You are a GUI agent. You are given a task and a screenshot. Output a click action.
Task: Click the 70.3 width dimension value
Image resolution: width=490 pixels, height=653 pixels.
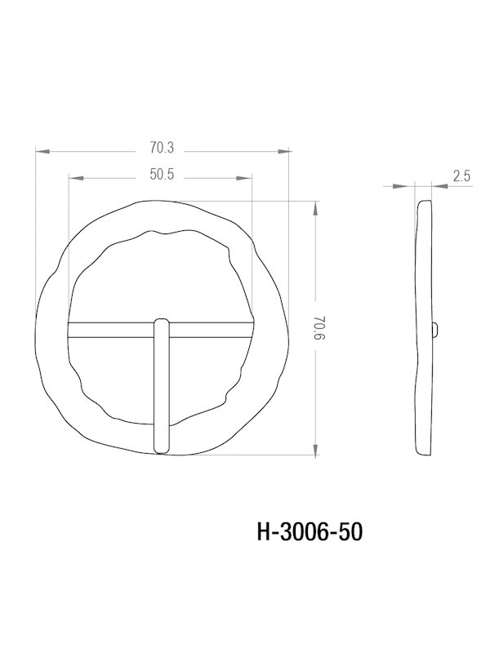[162, 148]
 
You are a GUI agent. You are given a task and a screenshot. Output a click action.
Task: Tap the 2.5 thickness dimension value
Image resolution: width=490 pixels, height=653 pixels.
[460, 175]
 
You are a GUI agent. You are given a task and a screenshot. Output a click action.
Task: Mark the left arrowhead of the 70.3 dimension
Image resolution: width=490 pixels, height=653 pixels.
[41, 151]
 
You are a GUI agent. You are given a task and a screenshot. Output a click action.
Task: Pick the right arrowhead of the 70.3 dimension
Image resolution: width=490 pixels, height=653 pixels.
[286, 151]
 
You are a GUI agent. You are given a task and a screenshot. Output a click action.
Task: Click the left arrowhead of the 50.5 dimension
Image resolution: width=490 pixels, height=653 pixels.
[73, 177]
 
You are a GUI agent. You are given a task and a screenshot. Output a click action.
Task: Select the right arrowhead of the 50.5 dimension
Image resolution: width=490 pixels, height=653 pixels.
[247, 177]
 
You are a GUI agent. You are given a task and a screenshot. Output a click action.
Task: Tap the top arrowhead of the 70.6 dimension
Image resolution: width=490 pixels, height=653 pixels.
[316, 207]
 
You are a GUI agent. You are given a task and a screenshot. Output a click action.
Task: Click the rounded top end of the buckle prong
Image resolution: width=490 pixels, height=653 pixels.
[162, 323]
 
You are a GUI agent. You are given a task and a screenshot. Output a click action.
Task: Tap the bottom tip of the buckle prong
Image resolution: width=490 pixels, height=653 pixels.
[162, 448]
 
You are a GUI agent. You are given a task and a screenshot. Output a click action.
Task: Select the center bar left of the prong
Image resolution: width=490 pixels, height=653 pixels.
[110, 328]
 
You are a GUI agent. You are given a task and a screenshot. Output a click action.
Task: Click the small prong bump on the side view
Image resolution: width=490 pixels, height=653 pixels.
[434, 329]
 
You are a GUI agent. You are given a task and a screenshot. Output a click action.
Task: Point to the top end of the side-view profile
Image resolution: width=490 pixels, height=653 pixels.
[424, 203]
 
